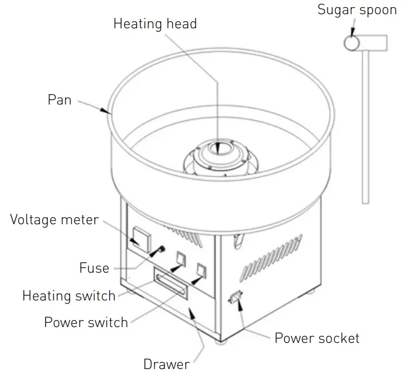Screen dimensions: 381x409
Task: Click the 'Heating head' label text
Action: pos(155,24)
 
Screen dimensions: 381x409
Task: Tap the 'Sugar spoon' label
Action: pos(357,10)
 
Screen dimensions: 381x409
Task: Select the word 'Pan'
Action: pos(59,100)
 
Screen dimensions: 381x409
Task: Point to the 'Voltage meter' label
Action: pos(54,220)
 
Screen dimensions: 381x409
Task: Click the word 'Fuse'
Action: pos(94,268)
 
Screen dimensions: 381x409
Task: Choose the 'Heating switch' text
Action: pos(69,296)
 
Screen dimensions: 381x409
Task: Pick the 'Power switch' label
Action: pos(86,322)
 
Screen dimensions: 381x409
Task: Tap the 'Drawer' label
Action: pos(166,364)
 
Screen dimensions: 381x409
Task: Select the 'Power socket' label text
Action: pos(316,338)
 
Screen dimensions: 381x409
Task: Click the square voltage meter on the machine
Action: pos(141,237)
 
